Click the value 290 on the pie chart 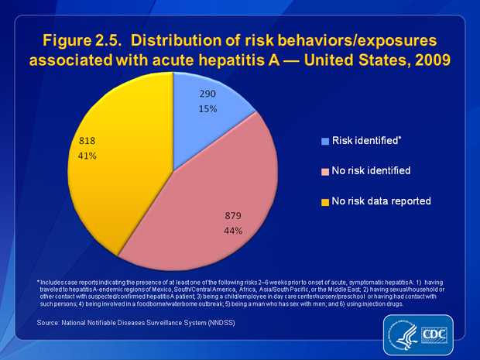pos(207,94)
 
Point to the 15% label pos(207,108)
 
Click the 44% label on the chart pos(234,231)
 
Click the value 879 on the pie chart pos(234,217)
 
